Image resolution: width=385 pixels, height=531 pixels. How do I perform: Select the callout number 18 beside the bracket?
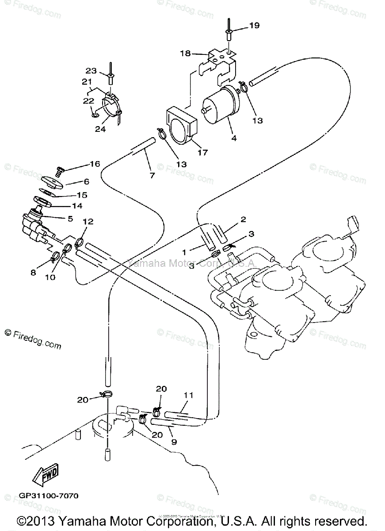tap(185, 54)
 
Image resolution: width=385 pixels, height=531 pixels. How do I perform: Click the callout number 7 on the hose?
tap(152, 176)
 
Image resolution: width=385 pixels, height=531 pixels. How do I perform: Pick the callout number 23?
tap(91, 70)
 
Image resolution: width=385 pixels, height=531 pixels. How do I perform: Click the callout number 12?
tap(88, 221)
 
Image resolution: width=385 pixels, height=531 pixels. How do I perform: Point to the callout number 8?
tap(33, 273)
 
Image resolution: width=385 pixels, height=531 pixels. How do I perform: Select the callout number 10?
tap(50, 277)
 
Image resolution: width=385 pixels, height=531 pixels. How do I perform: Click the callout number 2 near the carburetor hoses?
tap(243, 220)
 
